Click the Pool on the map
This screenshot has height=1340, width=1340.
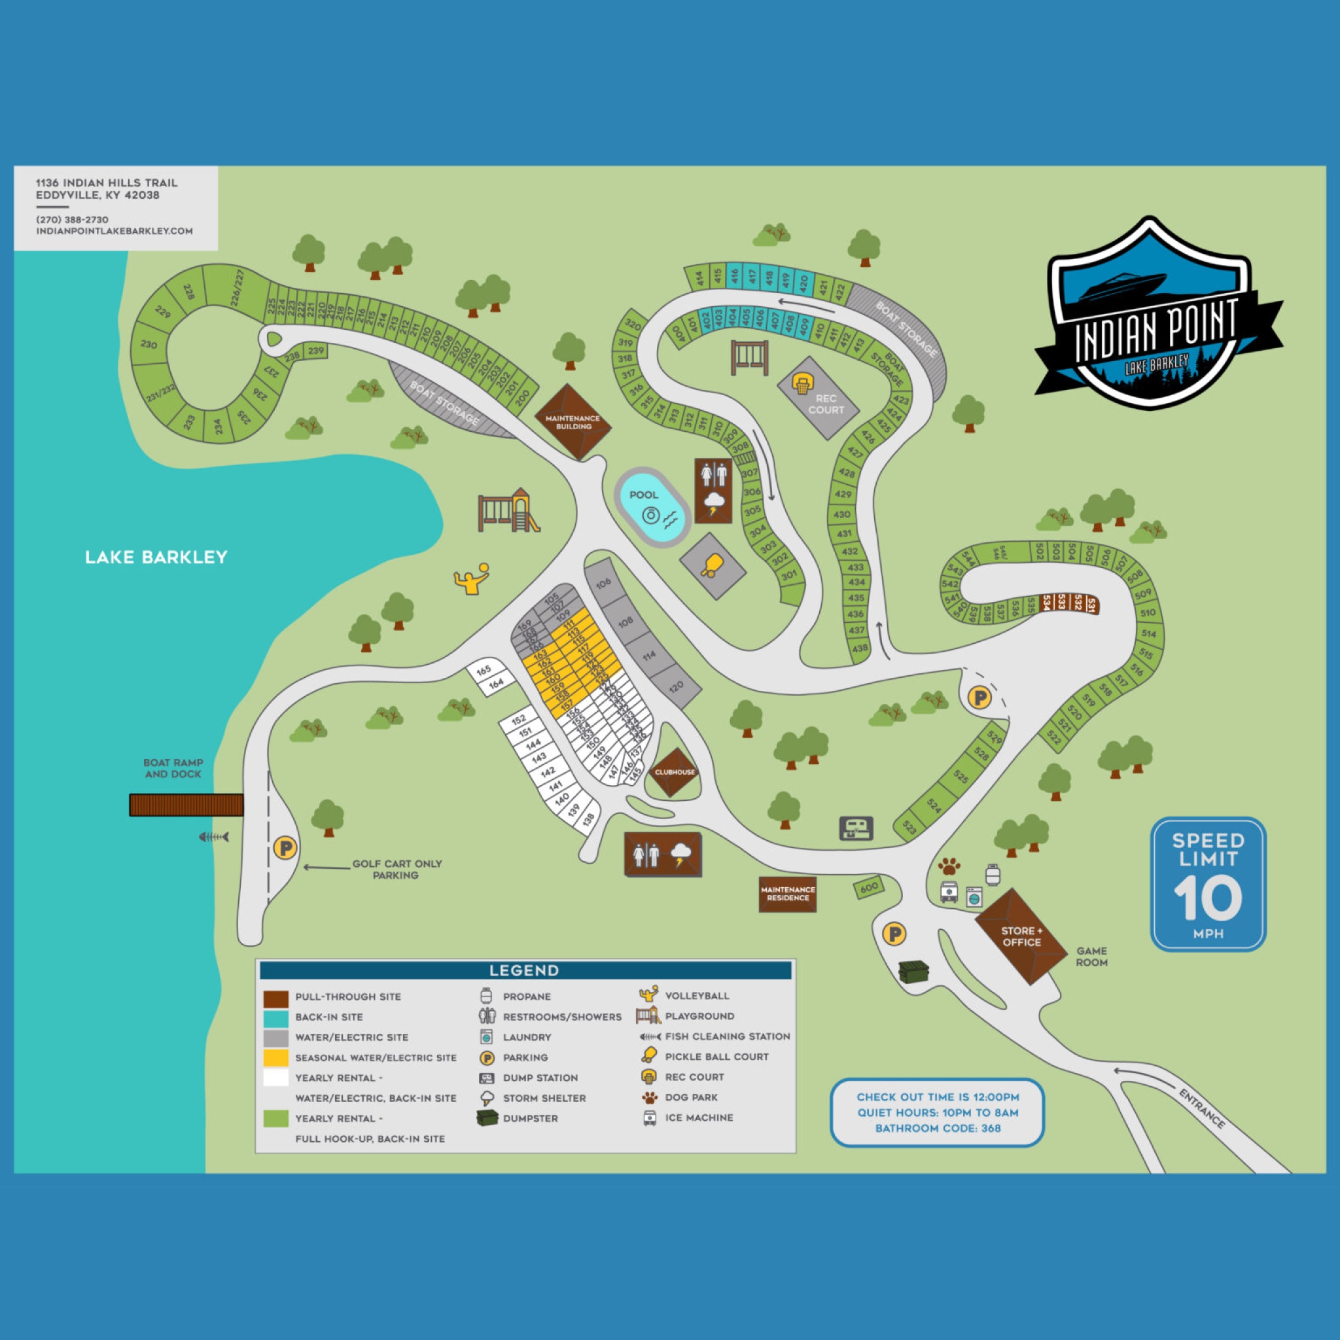(651, 507)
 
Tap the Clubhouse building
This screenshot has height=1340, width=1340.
(673, 771)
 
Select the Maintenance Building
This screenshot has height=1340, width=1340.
(573, 422)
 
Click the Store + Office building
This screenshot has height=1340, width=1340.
(1020, 936)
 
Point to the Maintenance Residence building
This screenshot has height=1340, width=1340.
(787, 894)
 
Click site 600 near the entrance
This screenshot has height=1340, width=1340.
(868, 888)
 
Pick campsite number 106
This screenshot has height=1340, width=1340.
(603, 582)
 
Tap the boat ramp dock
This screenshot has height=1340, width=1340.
(186, 805)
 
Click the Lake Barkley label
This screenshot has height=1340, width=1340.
(156, 557)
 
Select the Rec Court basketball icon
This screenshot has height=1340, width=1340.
(802, 383)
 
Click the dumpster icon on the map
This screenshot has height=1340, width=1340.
(913, 971)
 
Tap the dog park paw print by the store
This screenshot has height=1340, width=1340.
(949, 866)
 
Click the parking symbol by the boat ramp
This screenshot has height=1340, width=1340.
(285, 847)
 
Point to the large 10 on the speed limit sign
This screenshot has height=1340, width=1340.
(1208, 898)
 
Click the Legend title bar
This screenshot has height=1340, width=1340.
(525, 970)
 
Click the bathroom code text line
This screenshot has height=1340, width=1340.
(938, 1128)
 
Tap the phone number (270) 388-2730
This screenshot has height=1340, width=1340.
(72, 219)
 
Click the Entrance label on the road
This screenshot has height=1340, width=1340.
(1201, 1108)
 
